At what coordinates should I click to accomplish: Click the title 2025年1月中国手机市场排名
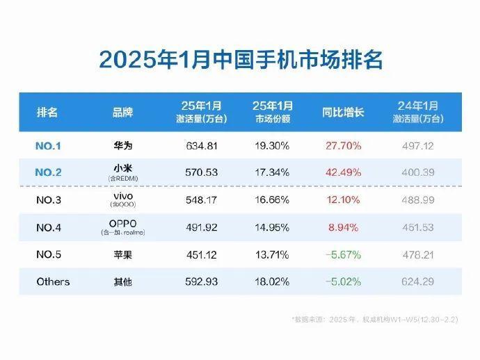[240, 58]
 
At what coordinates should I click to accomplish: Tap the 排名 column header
[47, 112]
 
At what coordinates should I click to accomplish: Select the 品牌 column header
[122, 112]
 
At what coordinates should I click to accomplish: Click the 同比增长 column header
[342, 112]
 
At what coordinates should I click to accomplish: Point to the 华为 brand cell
[122, 147]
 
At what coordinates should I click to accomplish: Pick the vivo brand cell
[122, 197]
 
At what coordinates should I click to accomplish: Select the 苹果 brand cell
[122, 255]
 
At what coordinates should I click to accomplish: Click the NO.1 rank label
[48, 147]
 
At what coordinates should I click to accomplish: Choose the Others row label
[53, 281]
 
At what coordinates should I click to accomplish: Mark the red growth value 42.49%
[342, 173]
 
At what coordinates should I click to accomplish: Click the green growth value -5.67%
[342, 255]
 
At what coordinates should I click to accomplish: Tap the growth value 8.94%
[342, 227]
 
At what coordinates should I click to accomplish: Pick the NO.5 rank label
[48, 255]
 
